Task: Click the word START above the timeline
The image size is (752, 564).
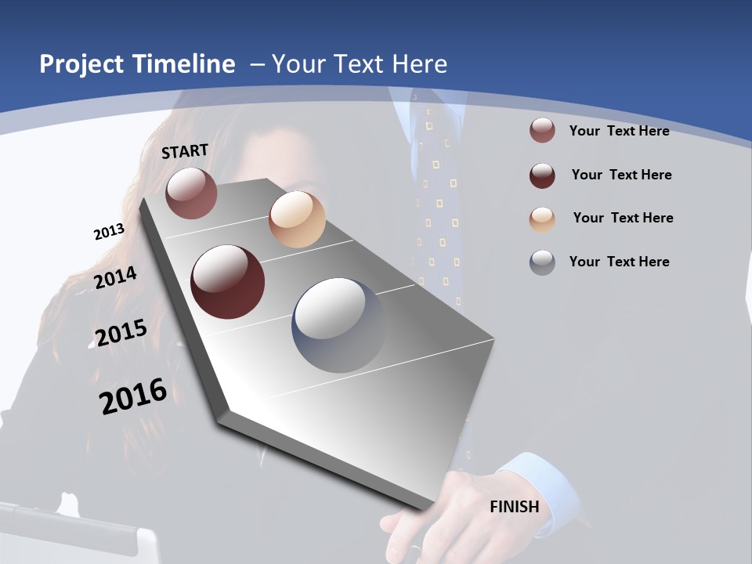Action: tap(185, 151)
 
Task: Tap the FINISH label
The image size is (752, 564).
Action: tap(515, 507)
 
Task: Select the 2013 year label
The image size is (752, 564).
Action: tap(109, 231)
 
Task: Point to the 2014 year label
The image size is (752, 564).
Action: tap(115, 277)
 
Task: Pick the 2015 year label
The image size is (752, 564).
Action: tap(121, 332)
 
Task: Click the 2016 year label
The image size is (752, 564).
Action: tap(133, 396)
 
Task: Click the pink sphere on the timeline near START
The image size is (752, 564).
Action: tap(191, 193)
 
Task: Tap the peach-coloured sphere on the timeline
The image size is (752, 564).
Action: tap(297, 219)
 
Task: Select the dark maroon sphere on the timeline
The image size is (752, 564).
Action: tap(228, 282)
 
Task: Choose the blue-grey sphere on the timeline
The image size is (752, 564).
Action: tap(339, 325)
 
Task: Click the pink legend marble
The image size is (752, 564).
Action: tap(542, 131)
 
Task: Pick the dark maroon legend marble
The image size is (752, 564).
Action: tap(542, 175)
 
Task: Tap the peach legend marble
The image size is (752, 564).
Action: tap(542, 219)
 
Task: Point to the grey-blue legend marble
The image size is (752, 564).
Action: tap(542, 262)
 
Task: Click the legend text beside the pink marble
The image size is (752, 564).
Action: tap(619, 131)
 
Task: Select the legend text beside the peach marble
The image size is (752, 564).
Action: tap(623, 218)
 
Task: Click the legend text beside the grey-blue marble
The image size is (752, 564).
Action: tap(619, 262)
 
